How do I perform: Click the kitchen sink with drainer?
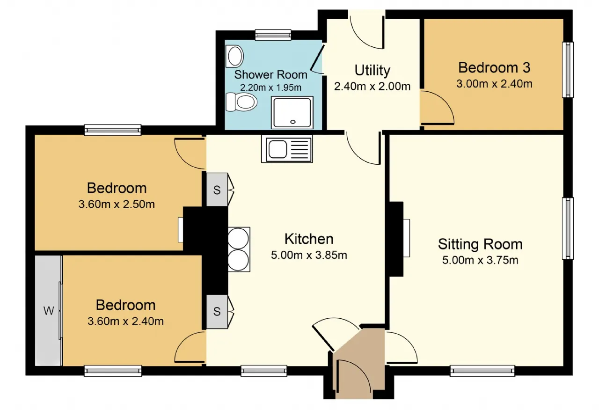(x=287, y=149)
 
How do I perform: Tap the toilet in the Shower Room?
(x=241, y=102)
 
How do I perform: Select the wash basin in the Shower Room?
(x=234, y=56)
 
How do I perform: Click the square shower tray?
(x=292, y=112)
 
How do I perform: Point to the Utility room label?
(x=372, y=70)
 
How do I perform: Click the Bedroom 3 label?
(x=494, y=67)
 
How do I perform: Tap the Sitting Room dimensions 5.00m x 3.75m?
(x=480, y=260)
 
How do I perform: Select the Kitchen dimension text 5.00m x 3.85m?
(x=309, y=255)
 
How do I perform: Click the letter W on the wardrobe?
(x=49, y=311)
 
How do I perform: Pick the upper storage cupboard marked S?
(x=217, y=190)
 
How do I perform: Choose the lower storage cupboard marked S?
(x=217, y=311)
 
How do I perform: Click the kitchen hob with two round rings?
(x=239, y=249)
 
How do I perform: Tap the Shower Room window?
(x=273, y=35)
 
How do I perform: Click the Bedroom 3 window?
(x=568, y=70)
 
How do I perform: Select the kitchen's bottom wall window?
(x=264, y=371)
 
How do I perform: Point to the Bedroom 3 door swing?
(x=437, y=108)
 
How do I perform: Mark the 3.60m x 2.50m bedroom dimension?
(x=117, y=205)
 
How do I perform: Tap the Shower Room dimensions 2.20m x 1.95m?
(x=270, y=88)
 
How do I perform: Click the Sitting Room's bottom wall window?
(x=482, y=371)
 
